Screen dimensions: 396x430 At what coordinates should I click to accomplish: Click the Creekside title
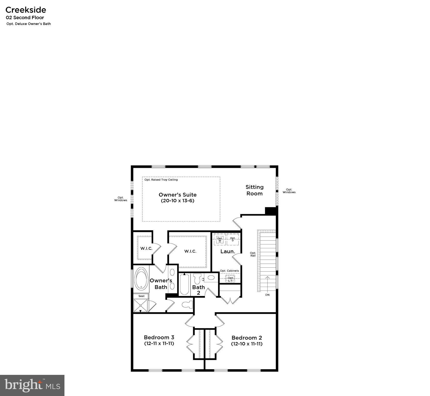26,10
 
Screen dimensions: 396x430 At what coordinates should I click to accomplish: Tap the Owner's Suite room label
177,197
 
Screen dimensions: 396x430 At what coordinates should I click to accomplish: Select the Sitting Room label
254,190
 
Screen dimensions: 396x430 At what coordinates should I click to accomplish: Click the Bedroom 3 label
159,340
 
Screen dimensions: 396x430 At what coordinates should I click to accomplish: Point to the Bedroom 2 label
247,340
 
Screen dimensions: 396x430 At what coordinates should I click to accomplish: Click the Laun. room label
228,251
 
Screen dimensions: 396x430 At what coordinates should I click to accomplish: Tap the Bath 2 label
199,290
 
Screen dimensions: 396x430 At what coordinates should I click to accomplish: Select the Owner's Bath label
161,284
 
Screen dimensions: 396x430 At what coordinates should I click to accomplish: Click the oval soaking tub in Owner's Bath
141,278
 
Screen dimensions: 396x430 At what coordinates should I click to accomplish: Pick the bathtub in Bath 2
184,284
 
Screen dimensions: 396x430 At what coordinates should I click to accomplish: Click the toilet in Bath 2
197,279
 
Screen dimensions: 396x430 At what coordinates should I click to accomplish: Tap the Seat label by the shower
142,296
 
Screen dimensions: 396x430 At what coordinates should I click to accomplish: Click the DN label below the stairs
267,295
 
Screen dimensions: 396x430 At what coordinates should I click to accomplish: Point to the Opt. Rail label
253,254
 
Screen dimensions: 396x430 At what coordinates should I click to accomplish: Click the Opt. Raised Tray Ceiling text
161,180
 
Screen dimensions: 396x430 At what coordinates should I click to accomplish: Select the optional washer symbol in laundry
220,240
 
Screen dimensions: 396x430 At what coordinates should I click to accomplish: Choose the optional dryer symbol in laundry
233,239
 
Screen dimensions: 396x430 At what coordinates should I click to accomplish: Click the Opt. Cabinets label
229,271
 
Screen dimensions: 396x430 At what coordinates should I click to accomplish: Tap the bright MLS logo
32,385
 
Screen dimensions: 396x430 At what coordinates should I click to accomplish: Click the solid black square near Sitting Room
271,211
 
